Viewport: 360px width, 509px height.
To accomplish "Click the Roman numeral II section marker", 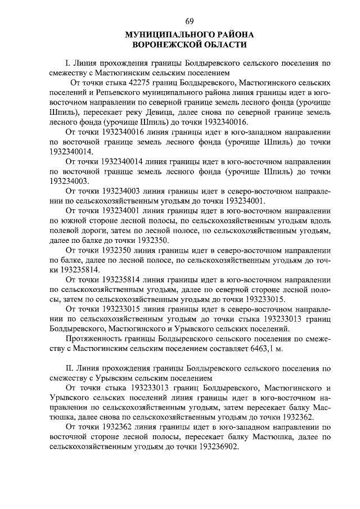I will (70, 368).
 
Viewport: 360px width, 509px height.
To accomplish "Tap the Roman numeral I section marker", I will (68, 63).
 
